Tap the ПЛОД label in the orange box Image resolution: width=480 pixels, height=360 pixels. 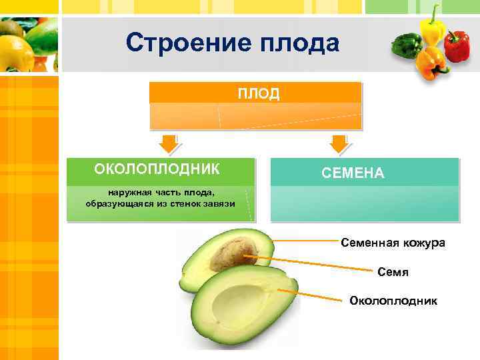point(259,93)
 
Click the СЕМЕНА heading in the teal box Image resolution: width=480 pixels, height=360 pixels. point(353,173)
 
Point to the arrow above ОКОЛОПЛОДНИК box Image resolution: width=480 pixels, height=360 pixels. point(167,143)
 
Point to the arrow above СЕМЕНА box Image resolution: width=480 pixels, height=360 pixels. point(339,143)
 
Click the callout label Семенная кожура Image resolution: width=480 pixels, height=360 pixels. point(393,243)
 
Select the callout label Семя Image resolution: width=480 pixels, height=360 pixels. point(393,272)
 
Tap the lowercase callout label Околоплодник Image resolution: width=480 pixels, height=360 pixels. point(393,301)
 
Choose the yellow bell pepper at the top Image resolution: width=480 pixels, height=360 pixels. point(432,27)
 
